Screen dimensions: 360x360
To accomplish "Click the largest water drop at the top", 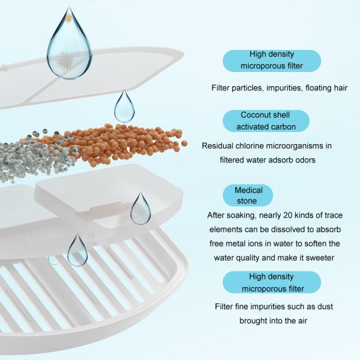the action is (x=69, y=46).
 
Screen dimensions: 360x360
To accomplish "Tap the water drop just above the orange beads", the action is (x=124, y=106).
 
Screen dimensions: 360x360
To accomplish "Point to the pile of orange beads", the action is (x=110, y=144).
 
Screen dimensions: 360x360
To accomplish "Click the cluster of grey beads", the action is (x=35, y=156).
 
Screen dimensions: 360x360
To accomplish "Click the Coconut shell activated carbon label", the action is (x=266, y=121).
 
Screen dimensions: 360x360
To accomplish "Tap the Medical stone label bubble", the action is (x=248, y=195).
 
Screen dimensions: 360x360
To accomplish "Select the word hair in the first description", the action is (x=341, y=88).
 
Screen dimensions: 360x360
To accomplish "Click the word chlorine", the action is (x=248, y=146).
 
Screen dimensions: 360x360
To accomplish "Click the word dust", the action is (x=325, y=307).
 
